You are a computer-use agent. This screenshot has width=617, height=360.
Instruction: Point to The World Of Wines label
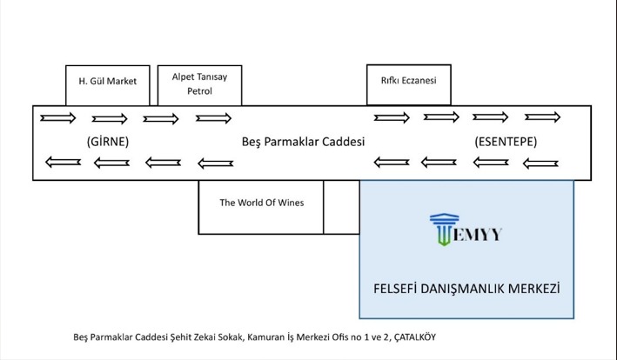(261, 203)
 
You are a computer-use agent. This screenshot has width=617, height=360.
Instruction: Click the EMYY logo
(466, 231)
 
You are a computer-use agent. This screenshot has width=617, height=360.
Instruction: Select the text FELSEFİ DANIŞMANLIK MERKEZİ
(466, 287)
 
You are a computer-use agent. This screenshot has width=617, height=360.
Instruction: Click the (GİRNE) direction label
(108, 140)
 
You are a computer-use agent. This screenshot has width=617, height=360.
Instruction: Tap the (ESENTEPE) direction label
(506, 140)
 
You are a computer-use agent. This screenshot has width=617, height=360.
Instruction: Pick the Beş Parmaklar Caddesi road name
(302, 140)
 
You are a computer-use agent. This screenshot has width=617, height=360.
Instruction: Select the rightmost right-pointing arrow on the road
(542, 117)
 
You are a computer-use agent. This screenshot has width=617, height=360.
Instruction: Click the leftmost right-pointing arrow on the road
(57, 118)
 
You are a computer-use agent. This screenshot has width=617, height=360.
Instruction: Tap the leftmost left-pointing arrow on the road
(62, 161)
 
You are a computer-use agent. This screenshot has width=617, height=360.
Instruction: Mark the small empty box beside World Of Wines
(341, 207)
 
